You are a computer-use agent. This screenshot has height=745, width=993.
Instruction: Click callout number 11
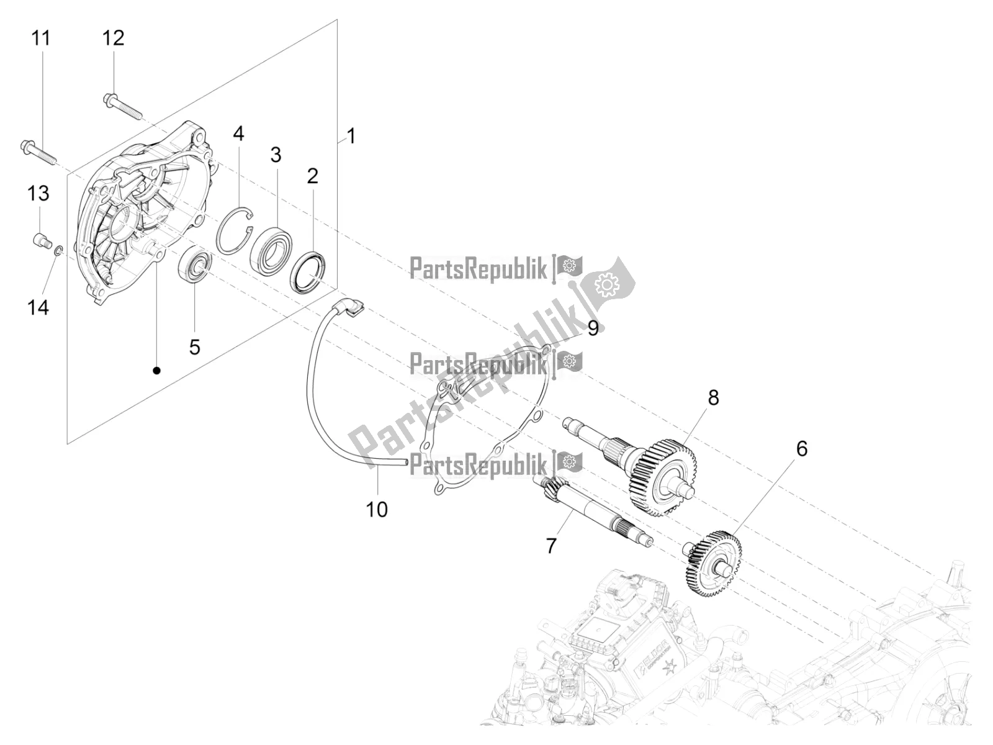coord(40,38)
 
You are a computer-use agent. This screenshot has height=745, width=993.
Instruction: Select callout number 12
coord(113,38)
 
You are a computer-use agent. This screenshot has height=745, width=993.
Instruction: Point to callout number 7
coord(550,546)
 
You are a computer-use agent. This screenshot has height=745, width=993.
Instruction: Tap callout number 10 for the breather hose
coord(377,509)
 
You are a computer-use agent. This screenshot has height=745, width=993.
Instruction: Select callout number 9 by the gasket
coord(593,328)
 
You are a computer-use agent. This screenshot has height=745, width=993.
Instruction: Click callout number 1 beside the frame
coord(351,135)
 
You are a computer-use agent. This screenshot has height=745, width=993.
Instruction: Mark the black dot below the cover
coord(156,371)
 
